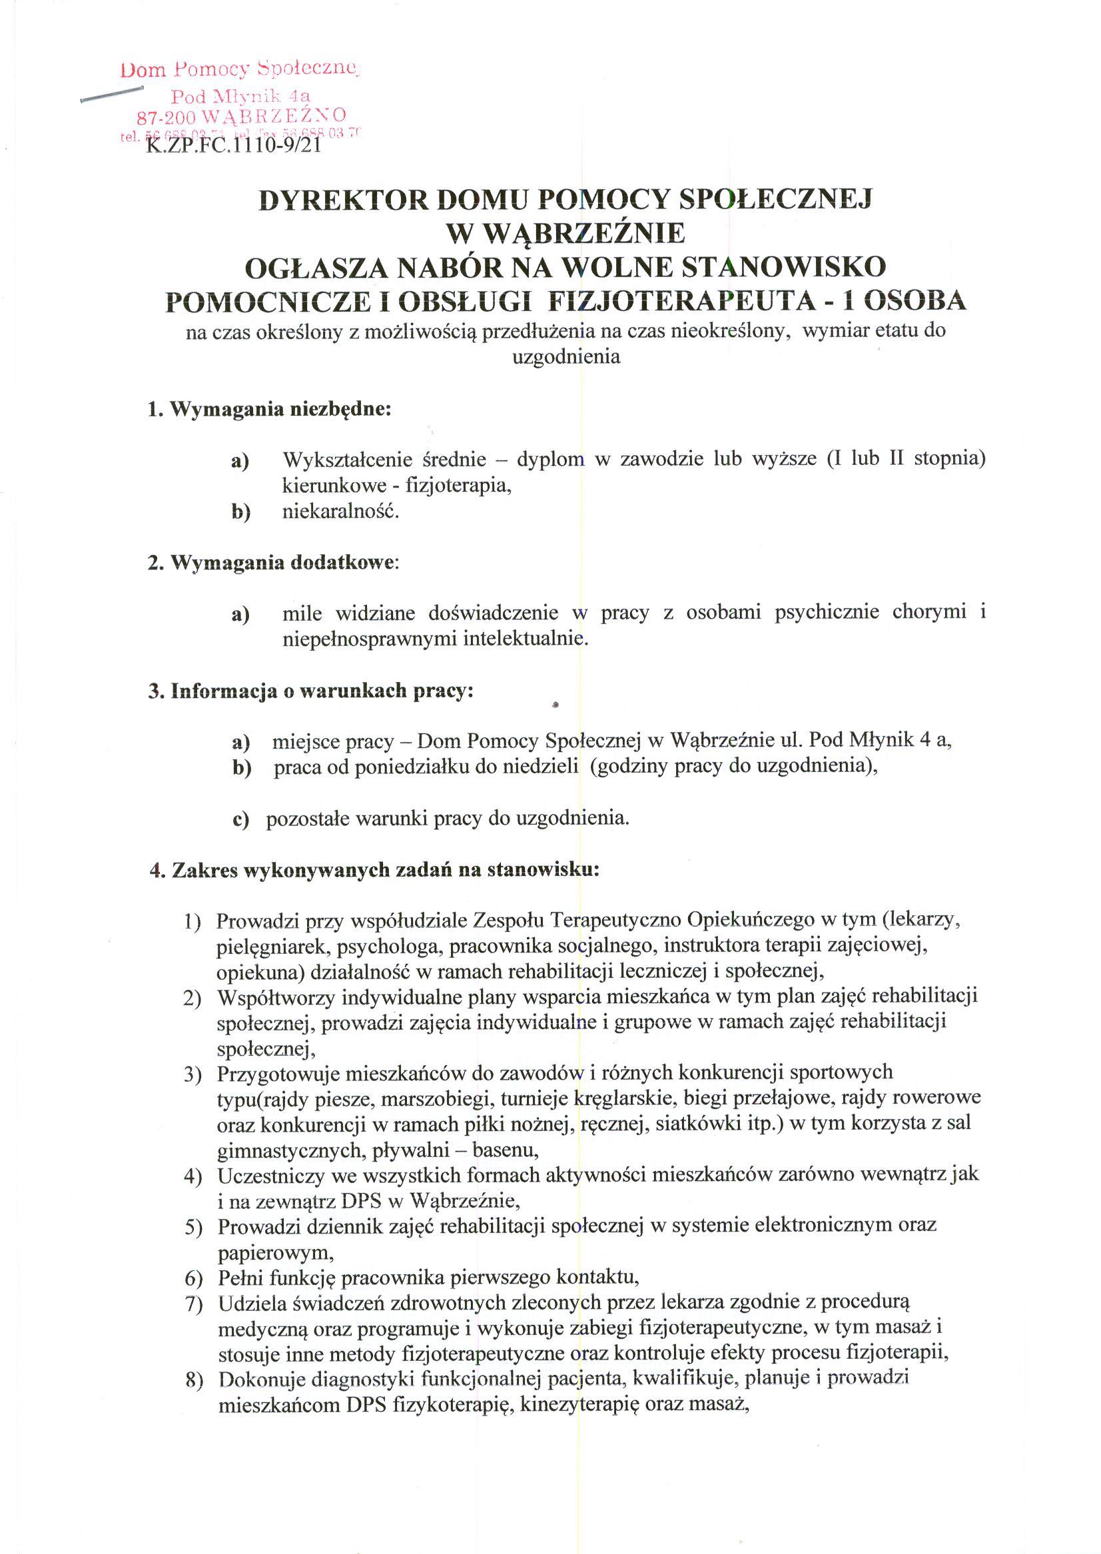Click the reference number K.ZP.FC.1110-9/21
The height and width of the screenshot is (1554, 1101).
pyautogui.click(x=232, y=145)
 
